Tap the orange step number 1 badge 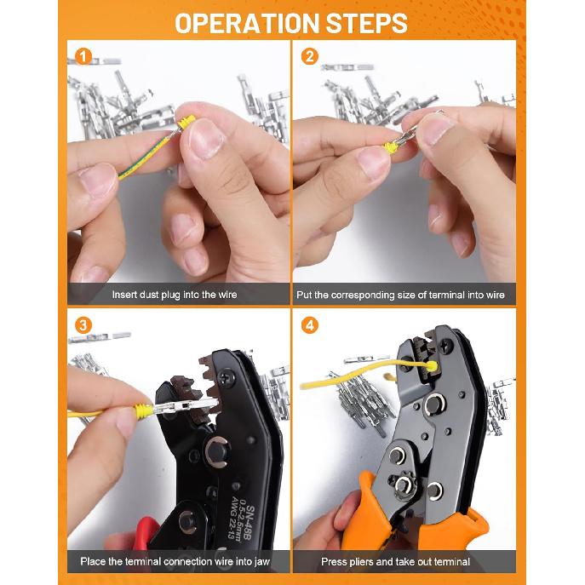[x=83, y=58]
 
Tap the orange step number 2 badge [x=309, y=58]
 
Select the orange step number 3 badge [x=83, y=325]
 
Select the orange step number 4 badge [x=309, y=325]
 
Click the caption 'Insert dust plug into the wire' [x=175, y=295]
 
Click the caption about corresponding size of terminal [x=400, y=295]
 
